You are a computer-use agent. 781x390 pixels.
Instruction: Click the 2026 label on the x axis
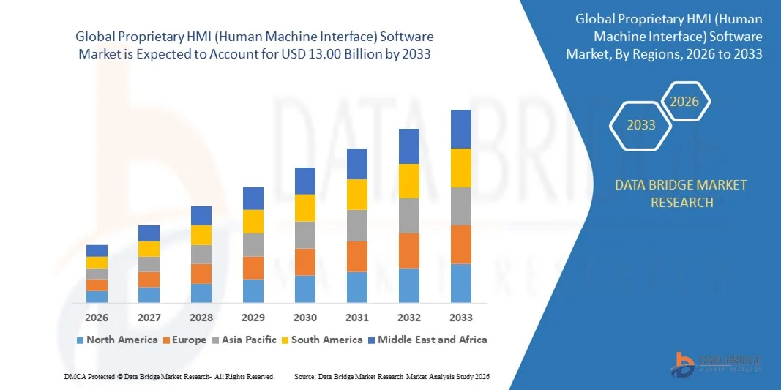click(x=97, y=318)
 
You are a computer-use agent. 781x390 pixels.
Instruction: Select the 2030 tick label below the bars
click(x=305, y=318)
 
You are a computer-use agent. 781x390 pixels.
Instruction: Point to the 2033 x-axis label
click(x=461, y=318)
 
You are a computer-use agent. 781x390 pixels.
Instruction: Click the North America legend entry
click(x=116, y=340)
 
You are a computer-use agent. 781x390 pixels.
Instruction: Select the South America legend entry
click(x=321, y=340)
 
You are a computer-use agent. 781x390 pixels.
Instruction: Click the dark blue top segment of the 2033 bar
click(x=461, y=129)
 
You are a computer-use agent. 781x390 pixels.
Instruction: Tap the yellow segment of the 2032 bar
click(x=409, y=181)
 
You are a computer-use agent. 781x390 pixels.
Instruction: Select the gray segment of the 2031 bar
click(x=357, y=225)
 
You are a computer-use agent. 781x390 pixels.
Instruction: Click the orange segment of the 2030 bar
click(x=305, y=262)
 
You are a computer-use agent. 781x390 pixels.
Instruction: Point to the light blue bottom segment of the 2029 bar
click(x=253, y=290)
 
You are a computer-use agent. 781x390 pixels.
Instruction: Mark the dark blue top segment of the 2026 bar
click(x=97, y=250)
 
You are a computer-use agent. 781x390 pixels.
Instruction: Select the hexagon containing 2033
click(x=640, y=125)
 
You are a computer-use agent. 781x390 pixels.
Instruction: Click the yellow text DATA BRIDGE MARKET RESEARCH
click(x=681, y=193)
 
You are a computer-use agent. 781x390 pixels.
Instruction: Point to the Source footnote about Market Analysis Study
click(x=392, y=376)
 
